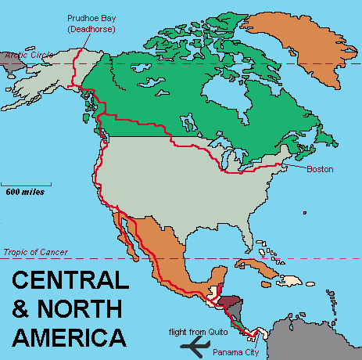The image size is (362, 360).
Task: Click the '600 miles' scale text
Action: click(x=25, y=191)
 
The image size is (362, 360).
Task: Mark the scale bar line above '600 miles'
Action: click(x=23, y=183)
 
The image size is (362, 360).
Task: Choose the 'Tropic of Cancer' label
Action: click(x=35, y=252)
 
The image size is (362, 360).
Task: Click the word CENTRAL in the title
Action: click(x=66, y=280)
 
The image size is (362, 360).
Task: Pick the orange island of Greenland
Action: click(x=301, y=47)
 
